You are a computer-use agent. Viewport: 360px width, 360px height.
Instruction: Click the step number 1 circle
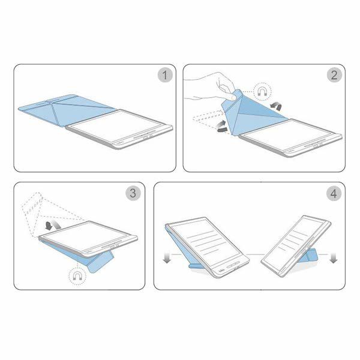pyautogui.click(x=165, y=75)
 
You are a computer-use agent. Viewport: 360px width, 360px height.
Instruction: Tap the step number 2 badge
pyautogui.click(x=334, y=75)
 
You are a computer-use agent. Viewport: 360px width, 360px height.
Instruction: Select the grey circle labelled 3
pyautogui.click(x=133, y=193)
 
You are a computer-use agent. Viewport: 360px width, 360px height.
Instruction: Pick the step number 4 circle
pyautogui.click(x=334, y=194)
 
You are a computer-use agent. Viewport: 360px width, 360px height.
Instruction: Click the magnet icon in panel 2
pyautogui.click(x=262, y=92)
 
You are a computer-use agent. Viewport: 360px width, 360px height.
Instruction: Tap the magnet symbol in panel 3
pyautogui.click(x=77, y=275)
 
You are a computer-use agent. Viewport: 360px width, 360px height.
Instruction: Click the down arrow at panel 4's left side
pyautogui.click(x=167, y=259)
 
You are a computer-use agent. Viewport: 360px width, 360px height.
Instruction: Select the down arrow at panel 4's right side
pyautogui.click(x=333, y=258)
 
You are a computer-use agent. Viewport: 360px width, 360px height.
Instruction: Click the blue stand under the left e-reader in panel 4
pyautogui.click(x=200, y=266)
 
